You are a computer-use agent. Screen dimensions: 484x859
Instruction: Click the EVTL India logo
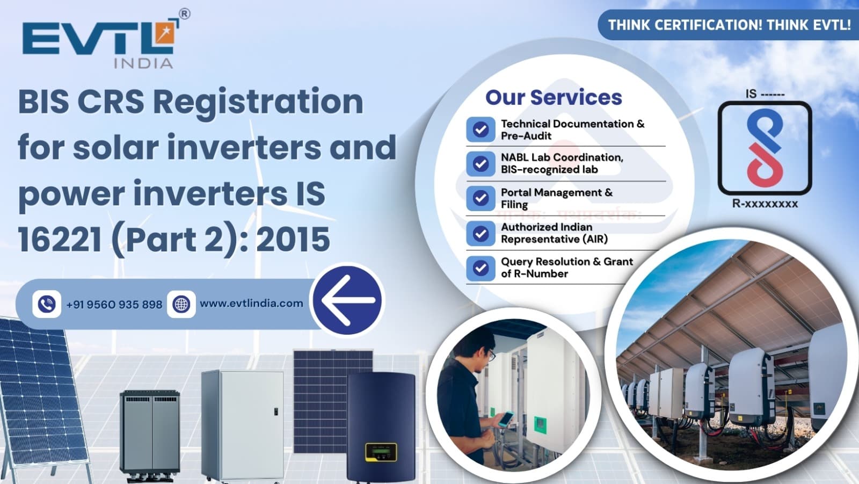click(99, 43)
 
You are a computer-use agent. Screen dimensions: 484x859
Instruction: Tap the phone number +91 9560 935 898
click(114, 305)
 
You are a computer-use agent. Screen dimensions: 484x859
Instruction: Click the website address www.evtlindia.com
click(251, 304)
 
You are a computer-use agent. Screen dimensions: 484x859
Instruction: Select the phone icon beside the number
click(47, 304)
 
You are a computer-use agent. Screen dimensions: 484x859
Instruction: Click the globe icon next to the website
click(181, 304)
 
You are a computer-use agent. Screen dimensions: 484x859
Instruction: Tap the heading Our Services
click(554, 97)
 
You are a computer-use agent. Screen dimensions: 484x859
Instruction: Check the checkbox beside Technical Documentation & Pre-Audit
click(481, 129)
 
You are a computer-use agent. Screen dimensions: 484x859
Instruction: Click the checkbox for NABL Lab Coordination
click(481, 163)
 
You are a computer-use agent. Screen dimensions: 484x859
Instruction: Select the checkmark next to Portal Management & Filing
click(481, 198)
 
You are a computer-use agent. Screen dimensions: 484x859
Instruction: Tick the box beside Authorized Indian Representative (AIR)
click(481, 233)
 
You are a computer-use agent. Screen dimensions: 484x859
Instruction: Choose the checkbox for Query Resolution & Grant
click(481, 268)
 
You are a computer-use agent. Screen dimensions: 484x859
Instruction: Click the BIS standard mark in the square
click(765, 147)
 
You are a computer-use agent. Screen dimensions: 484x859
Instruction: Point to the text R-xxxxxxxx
click(765, 204)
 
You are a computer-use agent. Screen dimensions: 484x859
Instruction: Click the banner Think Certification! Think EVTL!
click(729, 25)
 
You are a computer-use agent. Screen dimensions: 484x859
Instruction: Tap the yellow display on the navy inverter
click(381, 452)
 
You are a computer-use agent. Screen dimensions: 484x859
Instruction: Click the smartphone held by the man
click(505, 418)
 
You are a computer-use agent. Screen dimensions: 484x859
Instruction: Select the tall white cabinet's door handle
click(276, 412)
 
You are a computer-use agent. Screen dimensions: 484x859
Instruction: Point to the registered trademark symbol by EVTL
click(184, 14)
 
